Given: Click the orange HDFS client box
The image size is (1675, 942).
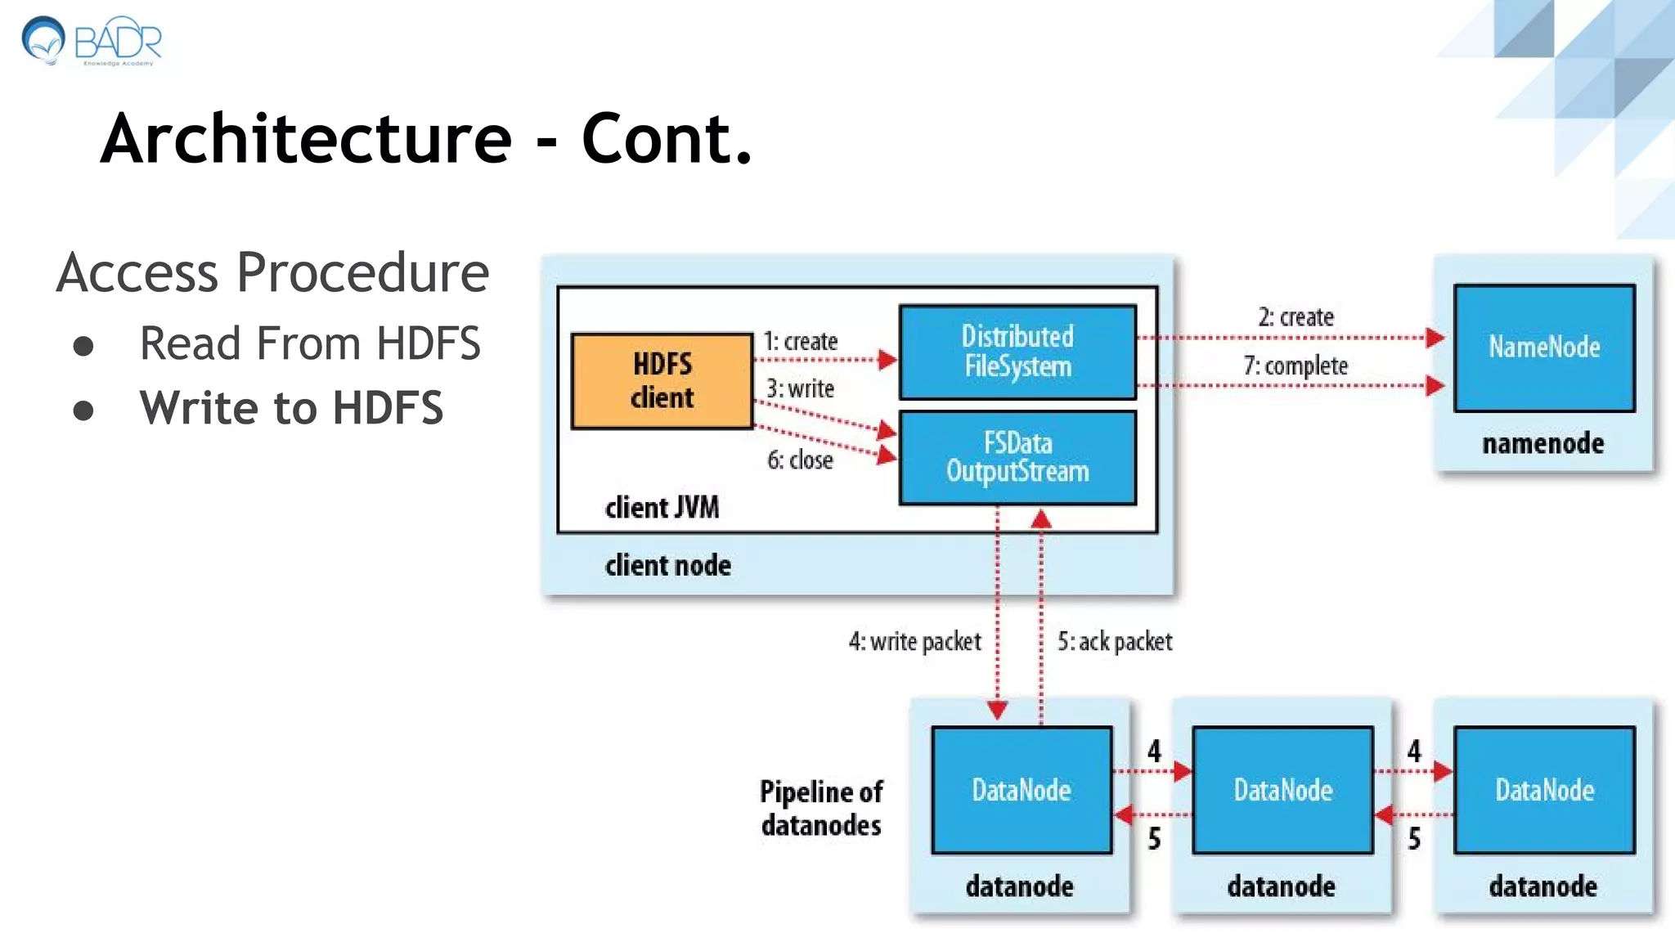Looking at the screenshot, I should [662, 381].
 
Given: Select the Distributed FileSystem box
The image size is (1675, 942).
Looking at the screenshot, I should [1017, 352].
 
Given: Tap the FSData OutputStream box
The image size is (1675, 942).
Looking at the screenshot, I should [1017, 458].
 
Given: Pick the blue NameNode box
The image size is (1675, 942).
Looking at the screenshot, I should [1544, 348].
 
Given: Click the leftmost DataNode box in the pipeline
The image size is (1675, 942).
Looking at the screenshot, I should [1022, 790].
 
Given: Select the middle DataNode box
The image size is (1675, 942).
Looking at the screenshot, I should [1282, 790].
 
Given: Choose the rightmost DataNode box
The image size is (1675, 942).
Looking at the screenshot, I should [1544, 790].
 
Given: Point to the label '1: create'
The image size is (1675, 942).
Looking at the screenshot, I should [801, 341].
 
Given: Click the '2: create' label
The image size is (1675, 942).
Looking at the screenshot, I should [1296, 317].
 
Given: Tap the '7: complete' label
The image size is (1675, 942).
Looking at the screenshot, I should [1296, 366].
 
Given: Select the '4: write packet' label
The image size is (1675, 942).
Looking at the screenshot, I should [914, 642].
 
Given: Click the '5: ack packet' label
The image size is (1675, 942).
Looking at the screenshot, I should [1114, 642].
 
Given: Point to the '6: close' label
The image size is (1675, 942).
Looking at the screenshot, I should [800, 460].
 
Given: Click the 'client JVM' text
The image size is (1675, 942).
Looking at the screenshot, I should [662, 508].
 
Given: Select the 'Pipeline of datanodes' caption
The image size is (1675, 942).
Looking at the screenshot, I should [821, 808].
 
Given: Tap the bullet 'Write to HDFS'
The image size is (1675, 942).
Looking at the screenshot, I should [291, 407].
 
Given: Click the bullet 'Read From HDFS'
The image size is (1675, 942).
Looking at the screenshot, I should [310, 343].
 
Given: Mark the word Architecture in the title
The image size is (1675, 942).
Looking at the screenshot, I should [306, 138].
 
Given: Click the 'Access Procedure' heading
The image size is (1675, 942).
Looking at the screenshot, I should [272, 272].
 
